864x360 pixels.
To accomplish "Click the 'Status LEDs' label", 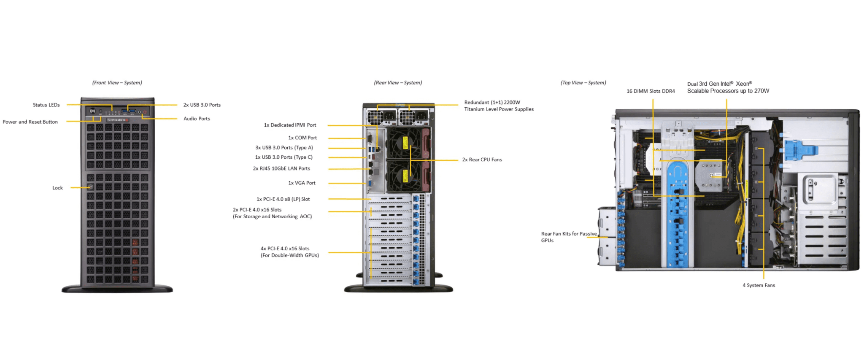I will tap(46, 105).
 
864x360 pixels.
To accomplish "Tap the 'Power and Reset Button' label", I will tap(30, 122).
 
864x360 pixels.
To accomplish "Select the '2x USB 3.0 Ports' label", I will tap(202, 105).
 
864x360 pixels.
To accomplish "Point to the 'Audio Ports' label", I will tap(197, 119).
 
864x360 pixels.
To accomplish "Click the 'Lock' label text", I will tap(57, 188).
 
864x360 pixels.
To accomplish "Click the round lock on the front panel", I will tap(91, 187).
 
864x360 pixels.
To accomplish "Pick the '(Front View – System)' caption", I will tap(117, 83).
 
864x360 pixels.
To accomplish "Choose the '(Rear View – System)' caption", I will tap(398, 83).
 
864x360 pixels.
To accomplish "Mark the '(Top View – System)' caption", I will tap(583, 83).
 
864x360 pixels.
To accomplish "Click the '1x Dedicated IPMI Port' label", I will tap(290, 125).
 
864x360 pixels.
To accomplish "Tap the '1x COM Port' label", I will tap(302, 138).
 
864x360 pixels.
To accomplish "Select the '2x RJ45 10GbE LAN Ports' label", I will tap(281, 169).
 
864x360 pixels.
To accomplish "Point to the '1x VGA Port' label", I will tap(302, 183).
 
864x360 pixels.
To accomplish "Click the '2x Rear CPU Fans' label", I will tap(482, 160).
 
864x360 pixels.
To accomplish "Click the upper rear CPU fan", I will tap(404, 143).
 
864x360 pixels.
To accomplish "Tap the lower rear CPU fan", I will tap(404, 175).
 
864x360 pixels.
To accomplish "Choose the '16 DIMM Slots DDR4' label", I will tap(651, 91).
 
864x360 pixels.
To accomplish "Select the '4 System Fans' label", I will tap(759, 286).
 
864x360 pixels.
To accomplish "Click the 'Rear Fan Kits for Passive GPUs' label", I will tap(569, 237).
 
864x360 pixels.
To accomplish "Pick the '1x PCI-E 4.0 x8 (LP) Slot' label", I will tap(283, 199).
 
